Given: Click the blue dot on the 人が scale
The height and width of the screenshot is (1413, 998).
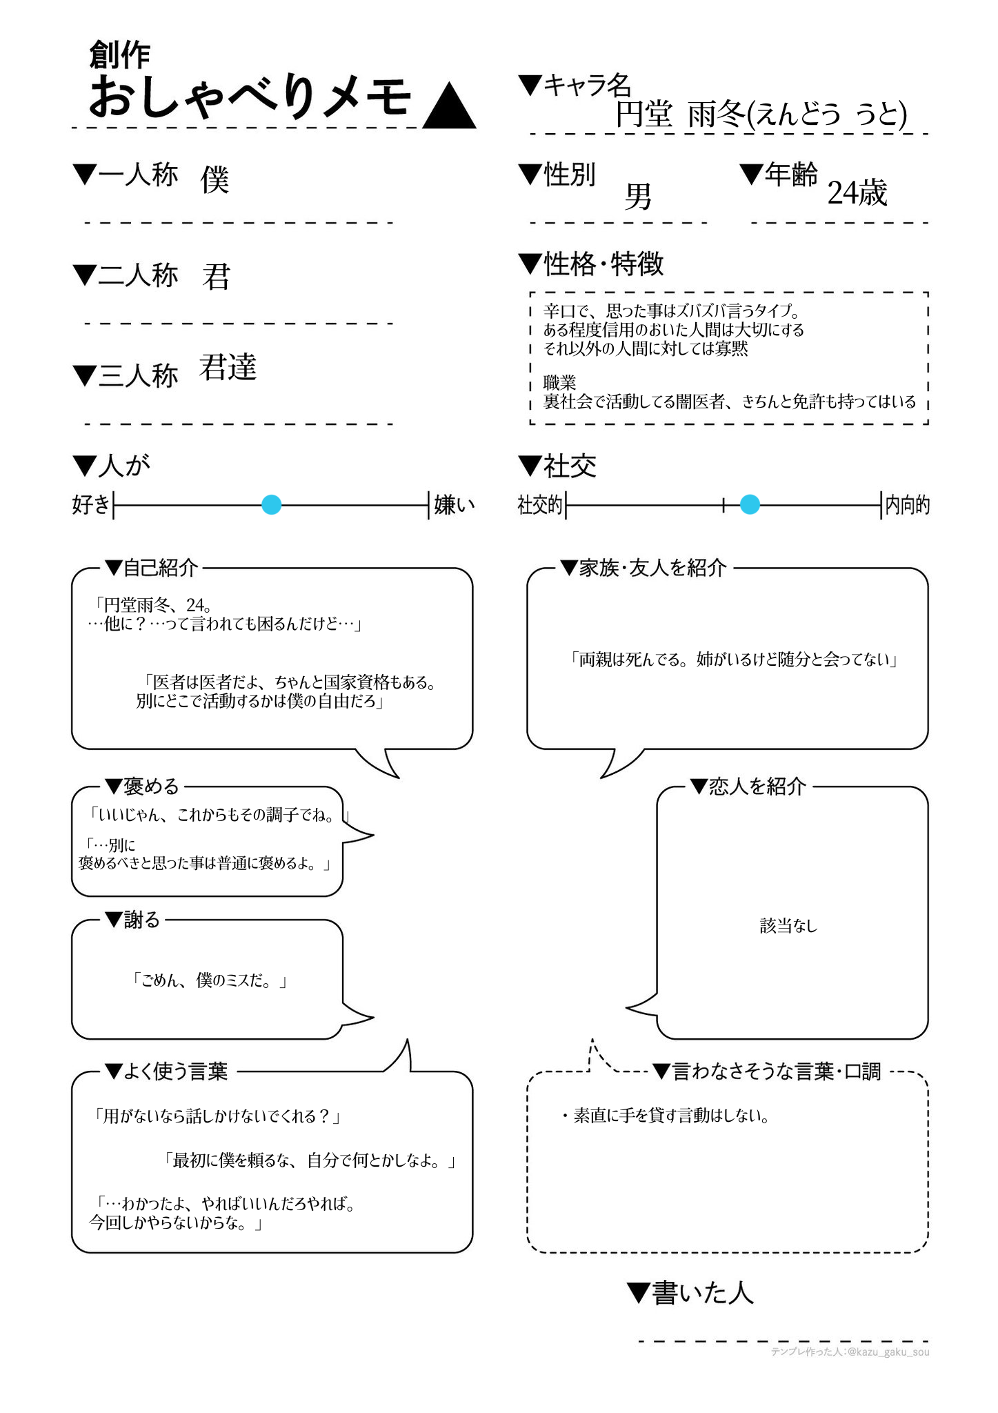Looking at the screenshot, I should (x=272, y=505).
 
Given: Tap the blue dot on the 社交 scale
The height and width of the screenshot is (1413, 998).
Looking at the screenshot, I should (x=750, y=505).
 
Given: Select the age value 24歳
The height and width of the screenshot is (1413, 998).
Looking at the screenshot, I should (x=857, y=193).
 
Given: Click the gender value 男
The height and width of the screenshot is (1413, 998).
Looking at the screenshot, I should (x=638, y=197).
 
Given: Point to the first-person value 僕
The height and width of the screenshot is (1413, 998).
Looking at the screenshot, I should (x=214, y=180).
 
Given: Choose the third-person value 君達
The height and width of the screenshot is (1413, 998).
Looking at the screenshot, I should (x=228, y=367).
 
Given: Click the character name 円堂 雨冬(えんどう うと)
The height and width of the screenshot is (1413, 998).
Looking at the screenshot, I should (x=761, y=115).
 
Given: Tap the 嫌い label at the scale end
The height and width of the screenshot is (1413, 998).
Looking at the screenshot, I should (x=455, y=505).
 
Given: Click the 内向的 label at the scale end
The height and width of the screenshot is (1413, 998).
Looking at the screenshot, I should (x=907, y=505).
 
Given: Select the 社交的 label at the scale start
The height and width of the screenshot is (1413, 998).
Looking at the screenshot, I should (x=540, y=505).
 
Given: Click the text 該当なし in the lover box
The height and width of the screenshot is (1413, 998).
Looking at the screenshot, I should (x=788, y=926).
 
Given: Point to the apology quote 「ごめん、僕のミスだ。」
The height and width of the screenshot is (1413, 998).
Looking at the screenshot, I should (x=208, y=980).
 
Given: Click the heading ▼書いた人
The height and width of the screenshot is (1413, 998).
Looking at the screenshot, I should (x=690, y=1293).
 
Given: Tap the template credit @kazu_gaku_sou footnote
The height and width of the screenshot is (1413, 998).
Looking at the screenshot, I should (x=850, y=1352).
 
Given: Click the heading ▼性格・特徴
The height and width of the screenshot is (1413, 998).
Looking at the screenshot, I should (x=591, y=264).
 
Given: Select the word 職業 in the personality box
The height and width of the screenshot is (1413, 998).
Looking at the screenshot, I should (x=559, y=382).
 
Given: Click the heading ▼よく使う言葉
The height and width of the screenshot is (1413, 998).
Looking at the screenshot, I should (x=166, y=1071).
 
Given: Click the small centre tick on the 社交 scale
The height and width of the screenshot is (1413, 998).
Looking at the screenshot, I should (x=723, y=505).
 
